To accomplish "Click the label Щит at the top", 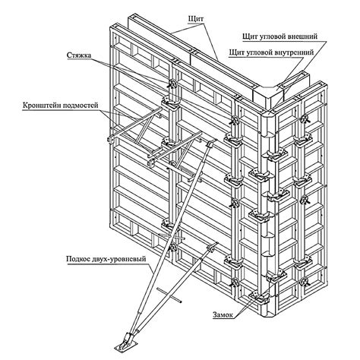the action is coord(196,20).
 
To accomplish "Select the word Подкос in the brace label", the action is coord(77,259).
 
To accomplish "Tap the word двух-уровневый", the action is coord(118,259).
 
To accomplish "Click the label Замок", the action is coord(223,314).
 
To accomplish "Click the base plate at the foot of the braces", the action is coord(126,346).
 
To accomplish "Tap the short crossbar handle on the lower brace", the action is coord(169,295).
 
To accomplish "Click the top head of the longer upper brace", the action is coord(211,143).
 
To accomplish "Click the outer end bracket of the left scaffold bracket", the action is coord(109,140).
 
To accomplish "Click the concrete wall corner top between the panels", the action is coord(269,93).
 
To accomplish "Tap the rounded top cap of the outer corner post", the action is coord(270,113).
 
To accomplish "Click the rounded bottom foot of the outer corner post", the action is coord(269,314).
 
